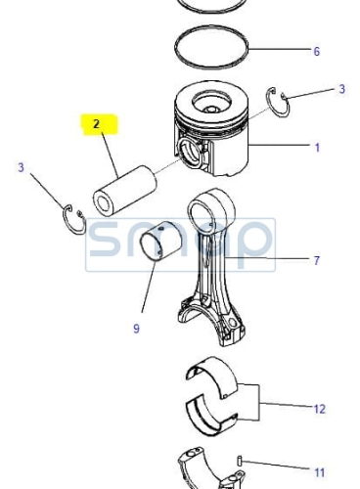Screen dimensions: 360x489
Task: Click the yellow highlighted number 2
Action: tap(96, 124)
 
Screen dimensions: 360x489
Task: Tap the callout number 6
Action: tap(317, 51)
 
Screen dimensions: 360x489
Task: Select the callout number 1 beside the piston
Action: tap(317, 148)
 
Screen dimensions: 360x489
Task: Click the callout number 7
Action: tap(317, 260)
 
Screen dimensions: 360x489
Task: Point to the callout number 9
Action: tap(136, 329)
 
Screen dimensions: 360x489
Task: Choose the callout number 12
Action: tap(320, 409)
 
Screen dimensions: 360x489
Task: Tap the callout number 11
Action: tap(320, 472)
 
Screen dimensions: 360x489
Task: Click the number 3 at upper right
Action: tap(341, 89)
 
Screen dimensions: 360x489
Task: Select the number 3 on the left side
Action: tap(22, 167)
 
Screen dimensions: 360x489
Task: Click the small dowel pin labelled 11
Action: tap(239, 461)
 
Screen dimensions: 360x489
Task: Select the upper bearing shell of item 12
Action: tap(213, 375)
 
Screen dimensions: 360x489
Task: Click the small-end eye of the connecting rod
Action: tap(211, 204)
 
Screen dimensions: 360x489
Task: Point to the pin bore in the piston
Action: tap(190, 153)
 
